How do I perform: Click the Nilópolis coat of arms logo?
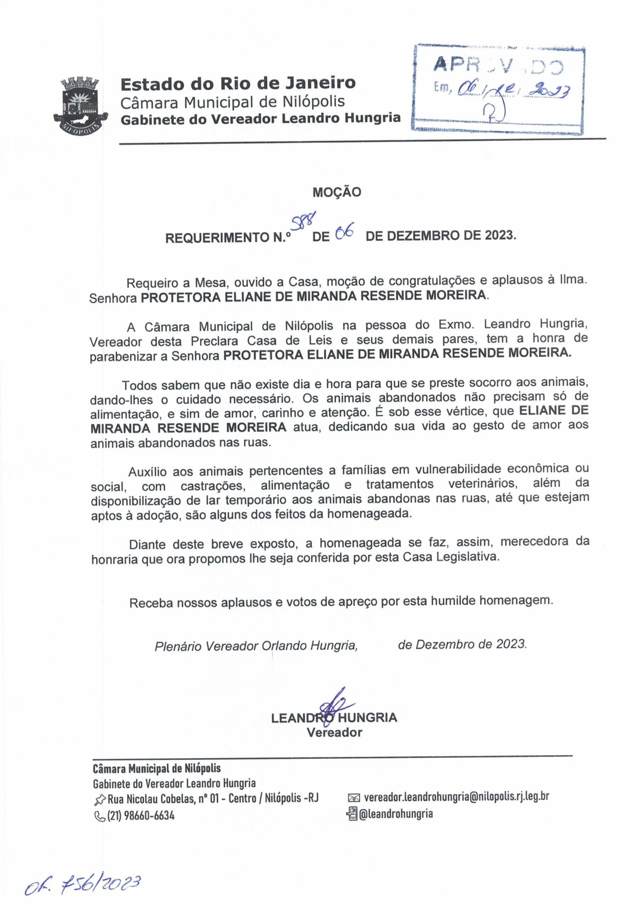pyautogui.click(x=80, y=105)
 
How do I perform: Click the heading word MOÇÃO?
pyautogui.click(x=337, y=192)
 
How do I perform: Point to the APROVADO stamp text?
pyautogui.click(x=498, y=65)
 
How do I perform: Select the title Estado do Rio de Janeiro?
pyautogui.click(x=238, y=83)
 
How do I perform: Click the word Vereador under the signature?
pyautogui.click(x=334, y=732)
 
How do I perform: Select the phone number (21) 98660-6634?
pyautogui.click(x=141, y=815)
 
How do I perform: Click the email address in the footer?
pyautogui.click(x=456, y=796)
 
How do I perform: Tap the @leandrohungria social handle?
pyautogui.click(x=395, y=813)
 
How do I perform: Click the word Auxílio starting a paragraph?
pyautogui.click(x=147, y=472)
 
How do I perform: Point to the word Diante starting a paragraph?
pyautogui.click(x=147, y=544)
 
